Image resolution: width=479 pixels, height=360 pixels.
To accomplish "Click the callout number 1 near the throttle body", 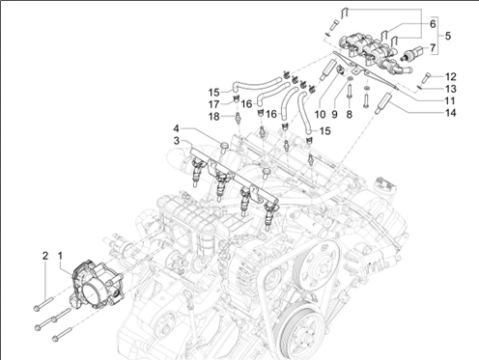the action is click(x=60, y=256).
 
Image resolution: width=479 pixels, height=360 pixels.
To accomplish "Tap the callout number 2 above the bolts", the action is click(x=45, y=256).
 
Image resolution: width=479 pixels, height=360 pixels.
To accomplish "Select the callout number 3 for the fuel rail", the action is click(x=177, y=141).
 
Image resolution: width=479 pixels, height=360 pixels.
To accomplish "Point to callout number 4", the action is click(x=176, y=128).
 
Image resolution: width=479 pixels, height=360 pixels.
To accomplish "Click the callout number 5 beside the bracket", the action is click(x=448, y=36).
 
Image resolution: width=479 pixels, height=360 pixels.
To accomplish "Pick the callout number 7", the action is click(x=433, y=48).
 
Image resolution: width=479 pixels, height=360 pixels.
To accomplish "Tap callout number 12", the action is click(x=451, y=76).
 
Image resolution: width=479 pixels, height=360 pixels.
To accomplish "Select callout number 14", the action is click(x=450, y=113).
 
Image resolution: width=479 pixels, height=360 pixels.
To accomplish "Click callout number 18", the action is click(x=214, y=117).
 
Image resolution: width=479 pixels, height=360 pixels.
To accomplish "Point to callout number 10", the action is click(x=320, y=114).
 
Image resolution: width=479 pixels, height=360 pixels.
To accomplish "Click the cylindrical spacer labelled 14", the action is click(x=383, y=102).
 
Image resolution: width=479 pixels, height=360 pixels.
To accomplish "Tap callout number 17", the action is click(x=214, y=104).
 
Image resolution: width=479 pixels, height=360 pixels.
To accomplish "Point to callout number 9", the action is click(x=335, y=114).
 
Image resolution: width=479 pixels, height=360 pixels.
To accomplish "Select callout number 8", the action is click(x=350, y=114).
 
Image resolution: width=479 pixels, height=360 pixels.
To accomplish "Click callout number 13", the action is click(x=451, y=89).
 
